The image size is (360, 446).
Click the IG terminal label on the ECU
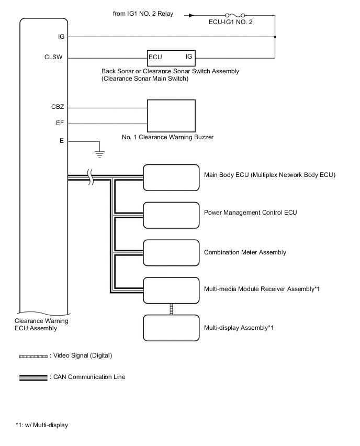point(62,37)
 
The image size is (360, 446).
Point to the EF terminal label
point(61,124)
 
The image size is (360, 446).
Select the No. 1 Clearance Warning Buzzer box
point(170,116)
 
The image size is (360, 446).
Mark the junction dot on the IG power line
point(275,37)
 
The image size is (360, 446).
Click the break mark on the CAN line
point(91,178)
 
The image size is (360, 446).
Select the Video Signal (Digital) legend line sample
point(33,356)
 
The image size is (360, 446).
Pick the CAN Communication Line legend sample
point(33,377)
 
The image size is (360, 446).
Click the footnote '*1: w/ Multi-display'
point(42,425)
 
